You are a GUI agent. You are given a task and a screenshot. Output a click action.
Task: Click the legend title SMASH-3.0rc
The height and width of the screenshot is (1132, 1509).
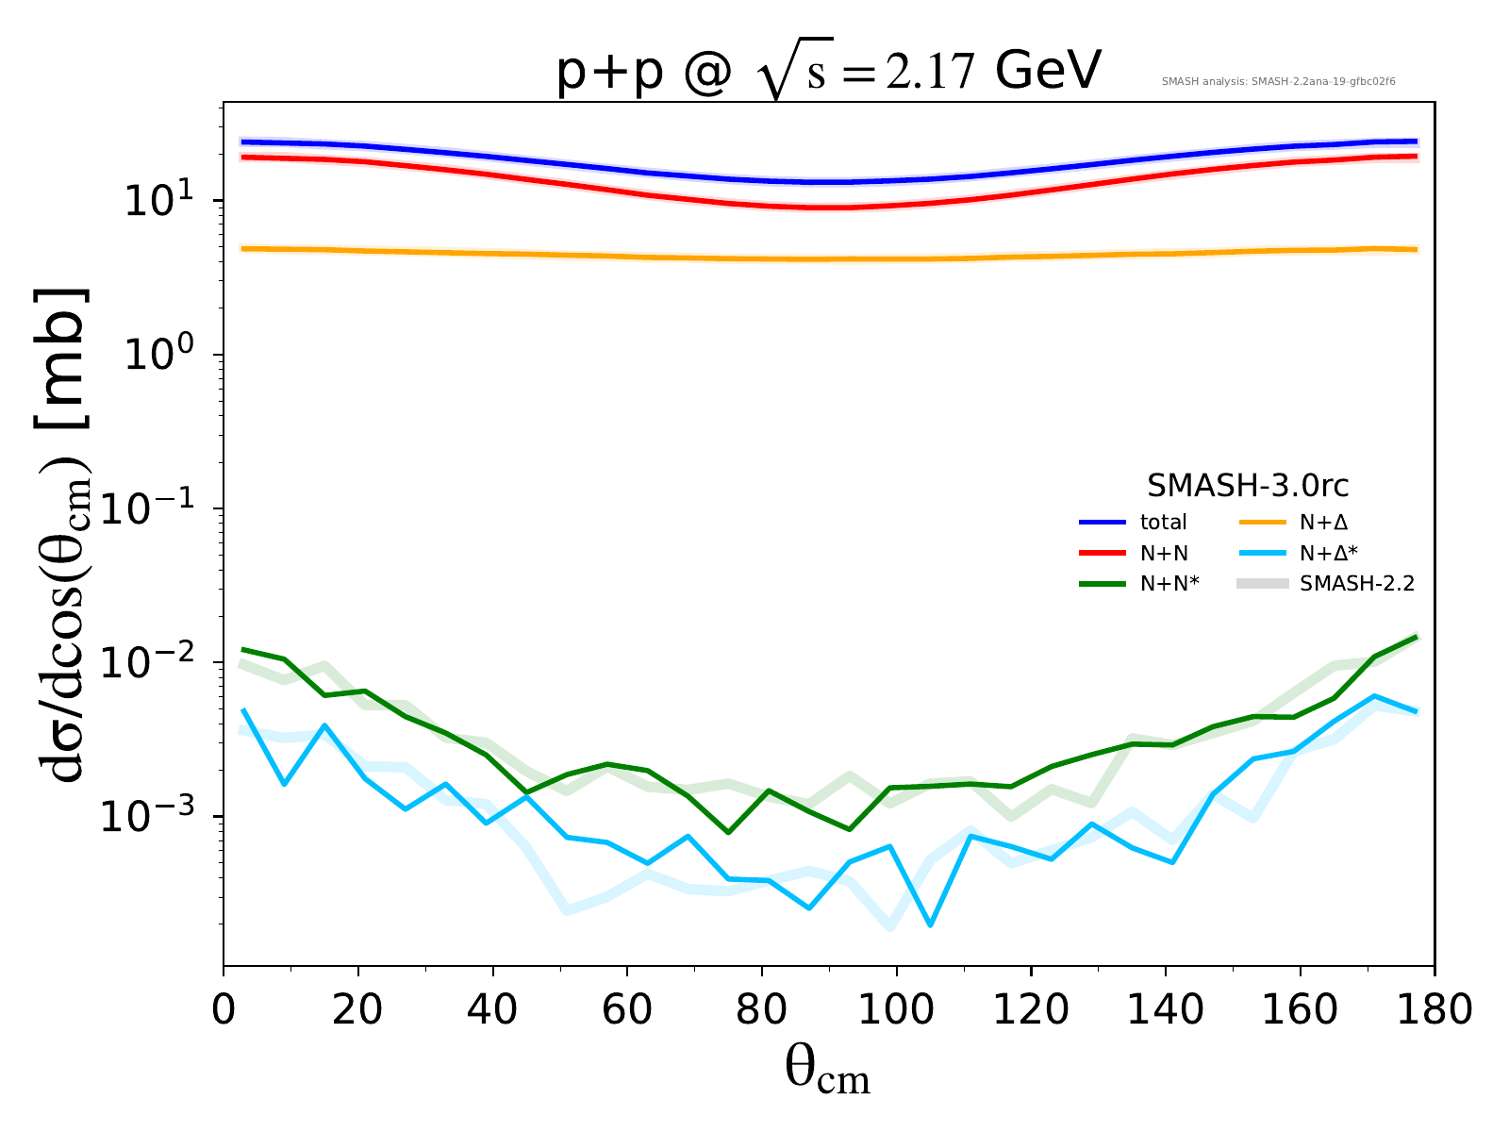(x=1247, y=486)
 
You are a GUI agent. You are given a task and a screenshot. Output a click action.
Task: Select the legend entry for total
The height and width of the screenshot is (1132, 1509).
(x=1163, y=522)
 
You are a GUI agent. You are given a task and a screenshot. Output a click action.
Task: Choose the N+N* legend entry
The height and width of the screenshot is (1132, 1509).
(x=1169, y=584)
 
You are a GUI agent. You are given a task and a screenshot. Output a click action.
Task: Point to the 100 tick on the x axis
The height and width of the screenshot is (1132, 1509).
(x=896, y=1010)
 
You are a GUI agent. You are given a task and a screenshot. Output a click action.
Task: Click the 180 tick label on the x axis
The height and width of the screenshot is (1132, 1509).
(x=1434, y=1010)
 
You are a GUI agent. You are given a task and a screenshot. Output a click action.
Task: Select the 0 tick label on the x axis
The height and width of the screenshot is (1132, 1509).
(x=224, y=1010)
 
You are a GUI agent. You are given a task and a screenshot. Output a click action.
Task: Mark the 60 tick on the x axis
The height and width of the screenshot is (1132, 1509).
(x=627, y=1010)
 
